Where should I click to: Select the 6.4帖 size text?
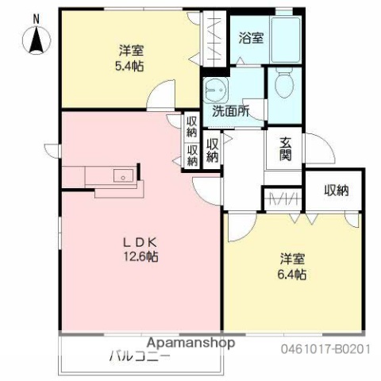pyautogui.click(x=293, y=274)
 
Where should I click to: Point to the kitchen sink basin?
pyautogui.click(x=122, y=175)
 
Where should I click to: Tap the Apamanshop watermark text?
pyautogui.click(x=190, y=344)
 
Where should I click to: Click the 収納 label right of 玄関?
pyautogui.click(x=336, y=190)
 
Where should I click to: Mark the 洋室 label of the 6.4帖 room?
pyautogui.click(x=293, y=259)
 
